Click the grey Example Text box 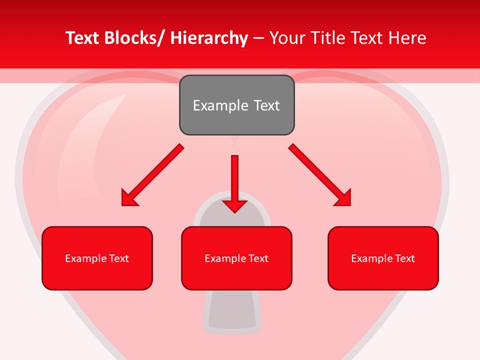(236, 105)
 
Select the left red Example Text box (97, 258)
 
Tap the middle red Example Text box (236, 258)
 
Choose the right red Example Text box (383, 258)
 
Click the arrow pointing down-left (152, 175)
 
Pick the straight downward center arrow (234, 182)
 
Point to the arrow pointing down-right (319, 174)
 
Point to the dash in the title (258, 38)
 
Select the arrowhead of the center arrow (234, 205)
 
